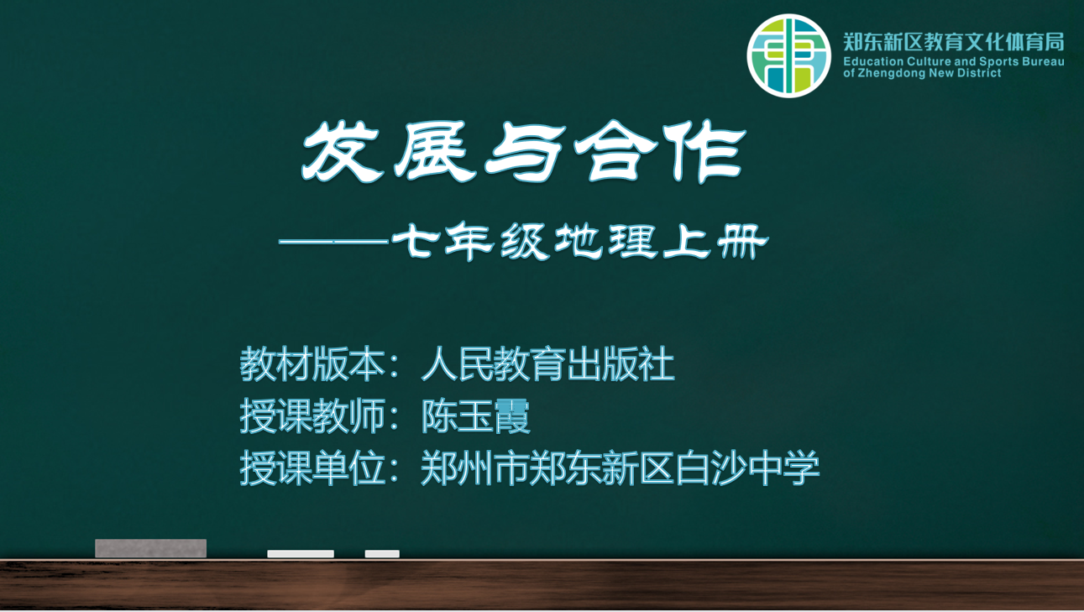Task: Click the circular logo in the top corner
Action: tap(788, 55)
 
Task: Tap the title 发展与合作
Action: tap(524, 151)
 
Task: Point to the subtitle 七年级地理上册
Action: tap(579, 242)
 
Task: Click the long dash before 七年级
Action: tap(334, 240)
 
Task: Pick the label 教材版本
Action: tap(312, 364)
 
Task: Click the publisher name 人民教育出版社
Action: tap(547, 364)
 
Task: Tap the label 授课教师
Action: tap(312, 416)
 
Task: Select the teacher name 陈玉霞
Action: tap(476, 416)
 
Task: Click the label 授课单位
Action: tap(312, 468)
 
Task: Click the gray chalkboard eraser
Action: tap(150, 548)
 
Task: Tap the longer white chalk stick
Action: tap(301, 554)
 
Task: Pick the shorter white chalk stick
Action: tap(382, 554)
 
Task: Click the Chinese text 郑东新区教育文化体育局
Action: tap(954, 42)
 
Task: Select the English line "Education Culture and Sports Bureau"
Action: tap(954, 61)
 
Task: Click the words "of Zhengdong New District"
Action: tap(922, 73)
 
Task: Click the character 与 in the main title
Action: tap(525, 151)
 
